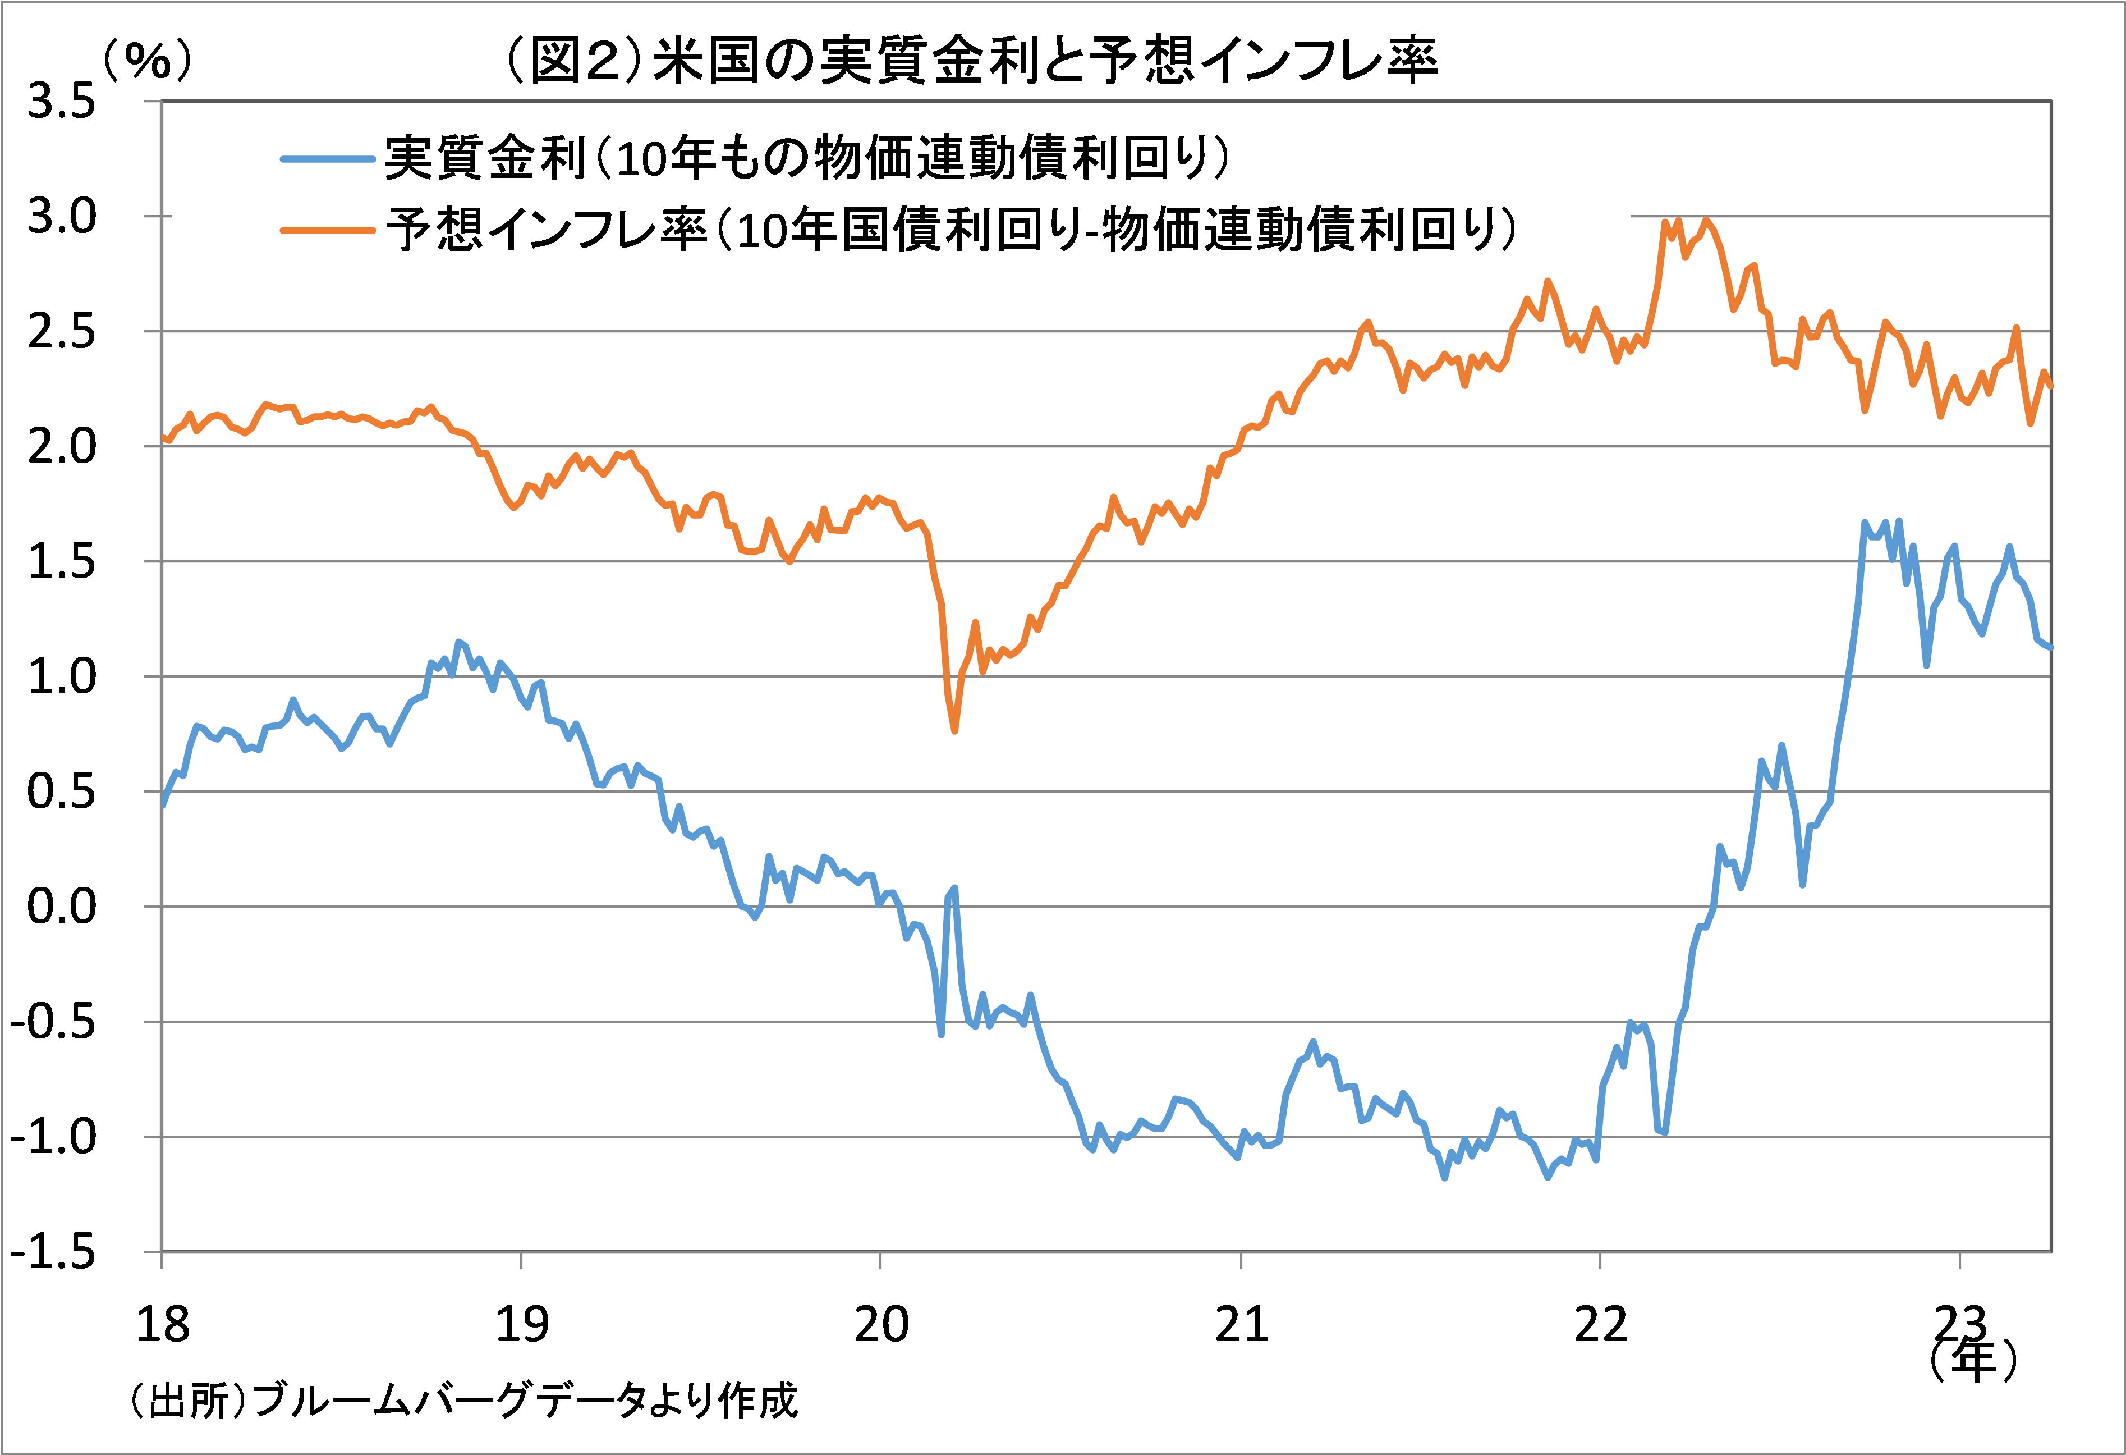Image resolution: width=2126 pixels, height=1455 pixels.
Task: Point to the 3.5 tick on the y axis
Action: pyautogui.click(x=61, y=102)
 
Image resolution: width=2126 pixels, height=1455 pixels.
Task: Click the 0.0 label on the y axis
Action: pyautogui.click(x=61, y=907)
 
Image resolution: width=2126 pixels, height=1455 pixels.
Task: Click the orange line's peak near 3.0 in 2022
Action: pyautogui.click(x=1705, y=219)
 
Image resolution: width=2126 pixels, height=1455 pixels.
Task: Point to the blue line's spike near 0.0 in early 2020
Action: pyautogui.click(x=954, y=887)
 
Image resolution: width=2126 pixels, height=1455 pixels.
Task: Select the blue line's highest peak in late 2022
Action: pyautogui.click(x=1865, y=523)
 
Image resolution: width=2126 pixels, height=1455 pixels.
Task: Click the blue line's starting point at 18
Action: pyautogui.click(x=163, y=806)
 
